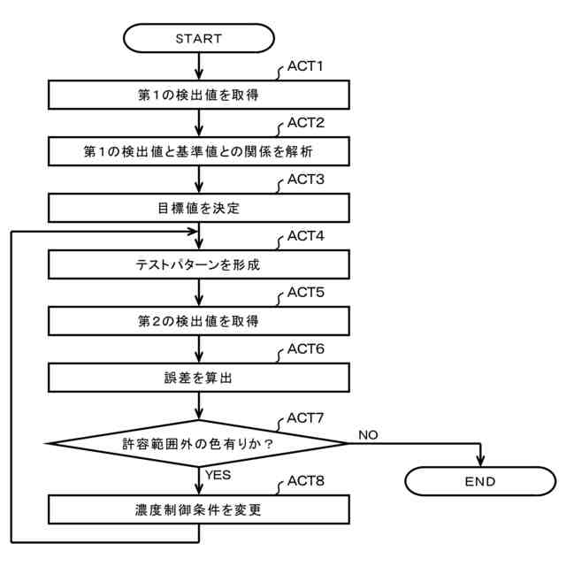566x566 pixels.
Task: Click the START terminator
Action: coord(199,39)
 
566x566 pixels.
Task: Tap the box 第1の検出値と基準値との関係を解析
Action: coord(199,152)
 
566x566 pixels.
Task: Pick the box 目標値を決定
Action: coord(199,209)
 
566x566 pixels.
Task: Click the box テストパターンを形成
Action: coord(199,264)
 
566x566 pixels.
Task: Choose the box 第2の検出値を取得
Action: coord(199,321)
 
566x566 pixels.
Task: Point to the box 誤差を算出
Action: coord(199,378)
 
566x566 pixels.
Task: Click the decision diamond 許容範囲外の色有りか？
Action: coord(199,444)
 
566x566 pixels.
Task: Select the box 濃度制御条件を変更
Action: coord(199,510)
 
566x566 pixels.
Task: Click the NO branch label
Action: coord(369,434)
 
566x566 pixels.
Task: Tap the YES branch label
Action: coord(219,475)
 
